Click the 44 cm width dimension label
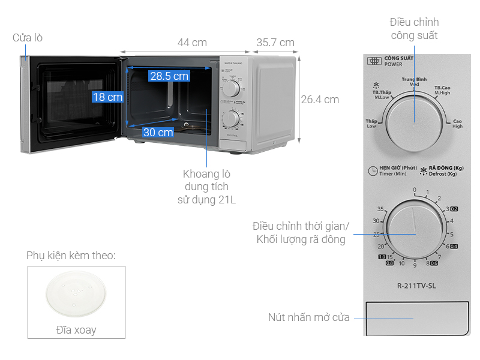click(192, 43)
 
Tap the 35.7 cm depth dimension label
click(275, 43)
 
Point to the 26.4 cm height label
click(320, 100)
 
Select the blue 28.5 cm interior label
click(169, 76)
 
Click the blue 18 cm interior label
click(107, 97)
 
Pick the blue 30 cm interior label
click(158, 132)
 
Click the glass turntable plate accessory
click(76, 298)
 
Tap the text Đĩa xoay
click(76, 330)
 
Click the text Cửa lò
click(28, 38)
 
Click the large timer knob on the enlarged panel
click(414, 233)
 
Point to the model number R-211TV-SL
click(417, 286)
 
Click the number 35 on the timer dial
click(380, 209)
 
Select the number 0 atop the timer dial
click(414, 190)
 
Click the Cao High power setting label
click(457, 123)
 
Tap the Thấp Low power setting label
click(371, 123)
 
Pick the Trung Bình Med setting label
click(414, 82)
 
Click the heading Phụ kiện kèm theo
click(71, 256)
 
